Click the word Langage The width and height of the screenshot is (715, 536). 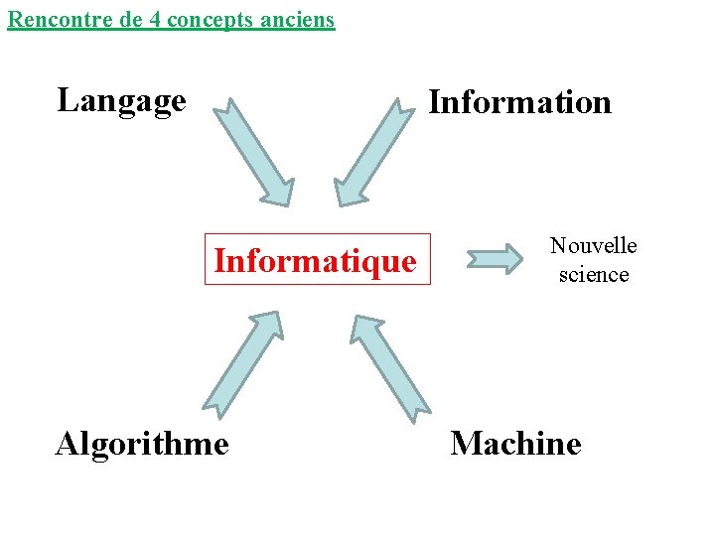pos(122,100)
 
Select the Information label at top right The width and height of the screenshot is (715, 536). pos(519,102)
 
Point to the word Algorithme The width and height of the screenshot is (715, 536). pos(142,443)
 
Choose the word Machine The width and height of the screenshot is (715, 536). pos(515,443)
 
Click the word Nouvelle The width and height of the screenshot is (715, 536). pos(594,245)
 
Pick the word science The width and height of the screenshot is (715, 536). pos(594,274)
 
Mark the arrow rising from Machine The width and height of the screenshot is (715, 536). pos(390,363)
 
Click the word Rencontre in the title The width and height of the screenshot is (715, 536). pos(51,19)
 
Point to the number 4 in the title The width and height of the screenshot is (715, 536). pos(157,19)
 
